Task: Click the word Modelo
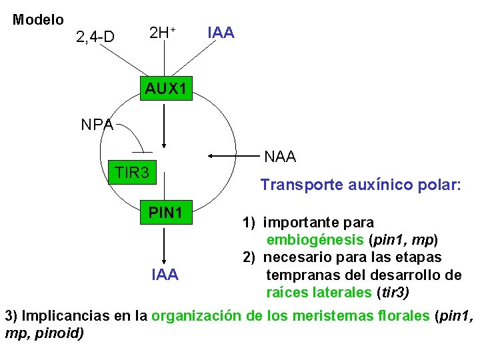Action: [38, 20]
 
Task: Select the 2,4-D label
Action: [95, 37]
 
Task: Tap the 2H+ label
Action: [162, 32]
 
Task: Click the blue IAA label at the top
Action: [221, 32]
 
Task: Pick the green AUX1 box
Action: [166, 88]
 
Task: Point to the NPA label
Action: [97, 125]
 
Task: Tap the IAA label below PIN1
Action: [165, 274]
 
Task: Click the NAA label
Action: [280, 157]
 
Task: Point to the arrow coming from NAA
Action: [233, 157]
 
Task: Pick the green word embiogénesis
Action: [315, 239]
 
